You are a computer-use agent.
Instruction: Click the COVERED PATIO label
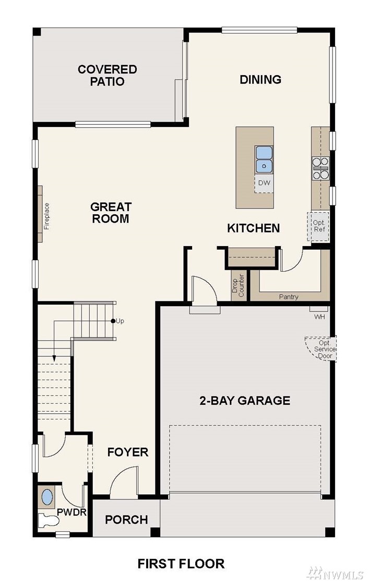(107, 75)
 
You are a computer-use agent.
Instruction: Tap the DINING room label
(260, 79)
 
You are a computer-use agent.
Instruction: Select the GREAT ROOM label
(111, 212)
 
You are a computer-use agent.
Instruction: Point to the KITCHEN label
(253, 228)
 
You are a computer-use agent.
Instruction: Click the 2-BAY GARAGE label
(245, 401)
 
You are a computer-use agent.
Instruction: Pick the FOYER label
(128, 452)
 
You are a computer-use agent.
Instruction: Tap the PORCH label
(126, 520)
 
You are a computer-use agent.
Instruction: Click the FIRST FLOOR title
(181, 564)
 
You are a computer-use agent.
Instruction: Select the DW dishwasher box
(264, 183)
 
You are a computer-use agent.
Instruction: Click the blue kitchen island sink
(264, 159)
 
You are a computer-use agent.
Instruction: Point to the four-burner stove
(320, 168)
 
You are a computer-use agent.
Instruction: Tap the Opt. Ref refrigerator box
(318, 226)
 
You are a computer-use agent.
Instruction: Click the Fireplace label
(47, 216)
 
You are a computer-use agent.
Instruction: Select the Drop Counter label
(238, 285)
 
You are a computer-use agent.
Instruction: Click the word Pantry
(289, 297)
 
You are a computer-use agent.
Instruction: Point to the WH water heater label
(319, 317)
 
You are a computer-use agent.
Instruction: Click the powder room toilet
(49, 520)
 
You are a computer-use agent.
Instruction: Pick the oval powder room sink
(47, 497)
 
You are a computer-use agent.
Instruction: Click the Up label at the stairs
(120, 321)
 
